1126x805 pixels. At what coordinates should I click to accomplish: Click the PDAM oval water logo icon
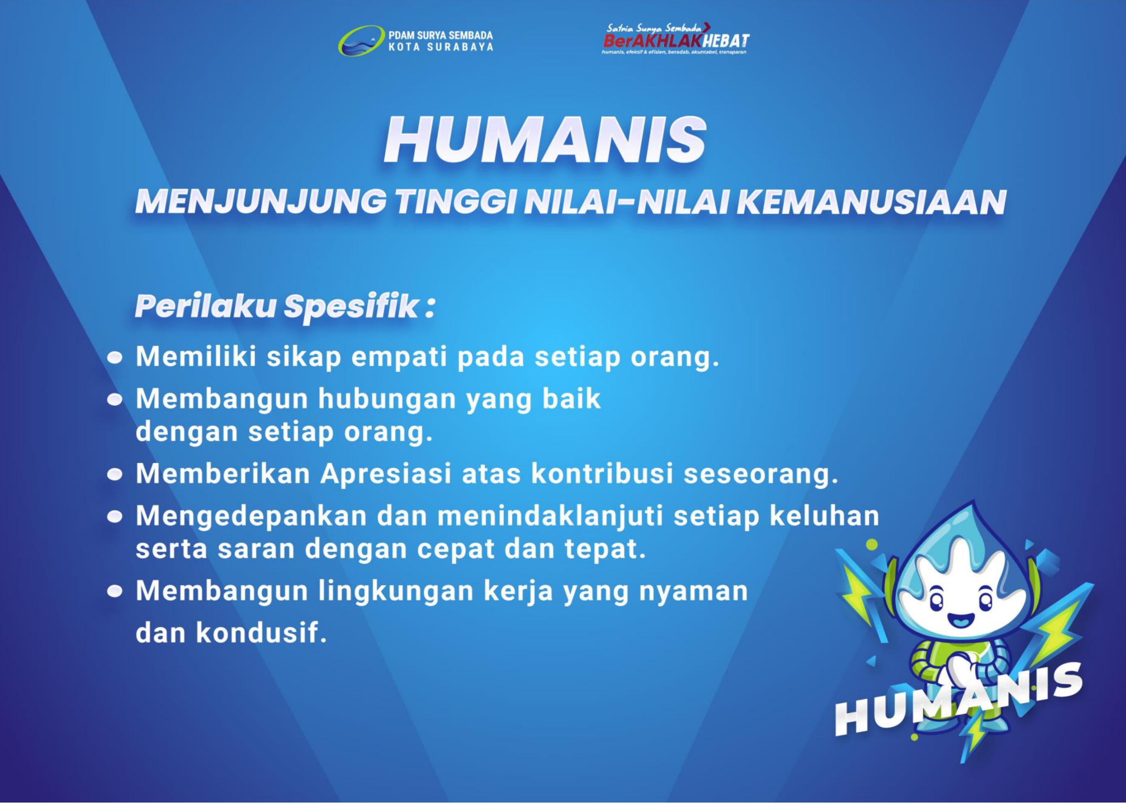pos(361,41)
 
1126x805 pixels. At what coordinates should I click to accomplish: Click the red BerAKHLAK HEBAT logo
pos(676,38)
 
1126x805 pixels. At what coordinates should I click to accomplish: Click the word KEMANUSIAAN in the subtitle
pos(871,202)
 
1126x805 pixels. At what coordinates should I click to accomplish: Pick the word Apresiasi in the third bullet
pos(386,474)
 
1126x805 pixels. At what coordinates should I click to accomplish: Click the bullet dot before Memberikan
pos(114,475)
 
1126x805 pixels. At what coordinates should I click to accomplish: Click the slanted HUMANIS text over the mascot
pos(959,700)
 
